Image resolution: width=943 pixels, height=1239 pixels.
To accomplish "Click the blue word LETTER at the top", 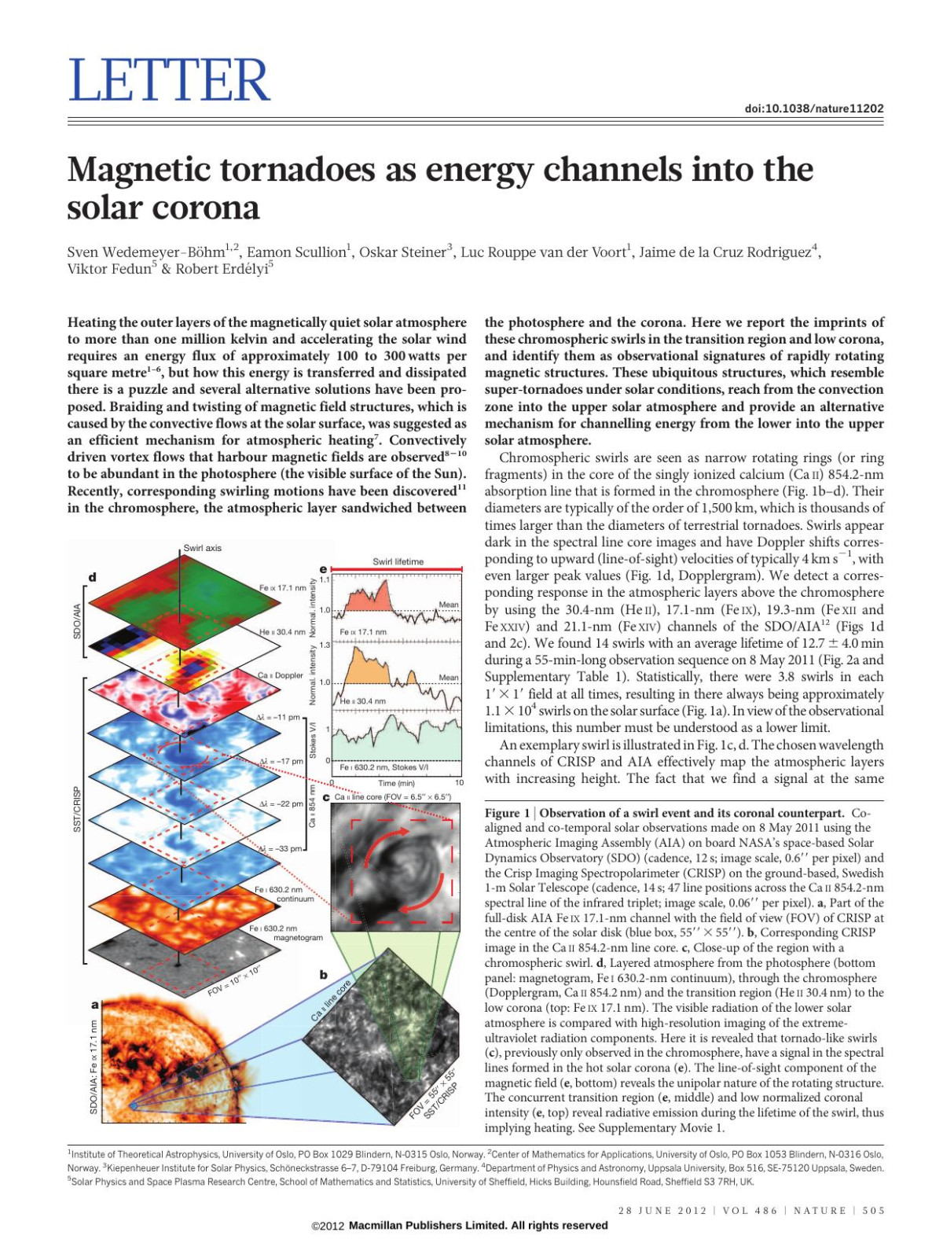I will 169,80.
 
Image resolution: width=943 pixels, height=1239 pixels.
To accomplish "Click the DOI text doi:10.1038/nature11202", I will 813,108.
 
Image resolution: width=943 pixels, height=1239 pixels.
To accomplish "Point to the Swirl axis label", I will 202,548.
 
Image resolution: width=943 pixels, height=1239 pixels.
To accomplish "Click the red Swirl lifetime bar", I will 397,568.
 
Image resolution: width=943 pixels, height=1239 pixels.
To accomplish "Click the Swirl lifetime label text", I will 398,561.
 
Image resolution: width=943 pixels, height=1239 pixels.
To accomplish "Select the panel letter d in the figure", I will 93,577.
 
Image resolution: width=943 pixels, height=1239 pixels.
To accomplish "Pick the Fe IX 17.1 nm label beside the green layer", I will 282,588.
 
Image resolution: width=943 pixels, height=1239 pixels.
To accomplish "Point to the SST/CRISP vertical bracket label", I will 77,809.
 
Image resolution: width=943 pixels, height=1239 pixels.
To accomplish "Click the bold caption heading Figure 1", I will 507,813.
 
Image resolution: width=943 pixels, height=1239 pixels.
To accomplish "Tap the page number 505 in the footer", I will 873,1211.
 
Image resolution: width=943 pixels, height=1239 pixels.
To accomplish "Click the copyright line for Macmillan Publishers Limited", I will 460,1225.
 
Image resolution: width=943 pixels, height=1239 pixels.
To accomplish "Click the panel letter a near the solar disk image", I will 95,1005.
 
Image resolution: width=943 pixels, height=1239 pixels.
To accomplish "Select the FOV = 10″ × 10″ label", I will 234,979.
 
